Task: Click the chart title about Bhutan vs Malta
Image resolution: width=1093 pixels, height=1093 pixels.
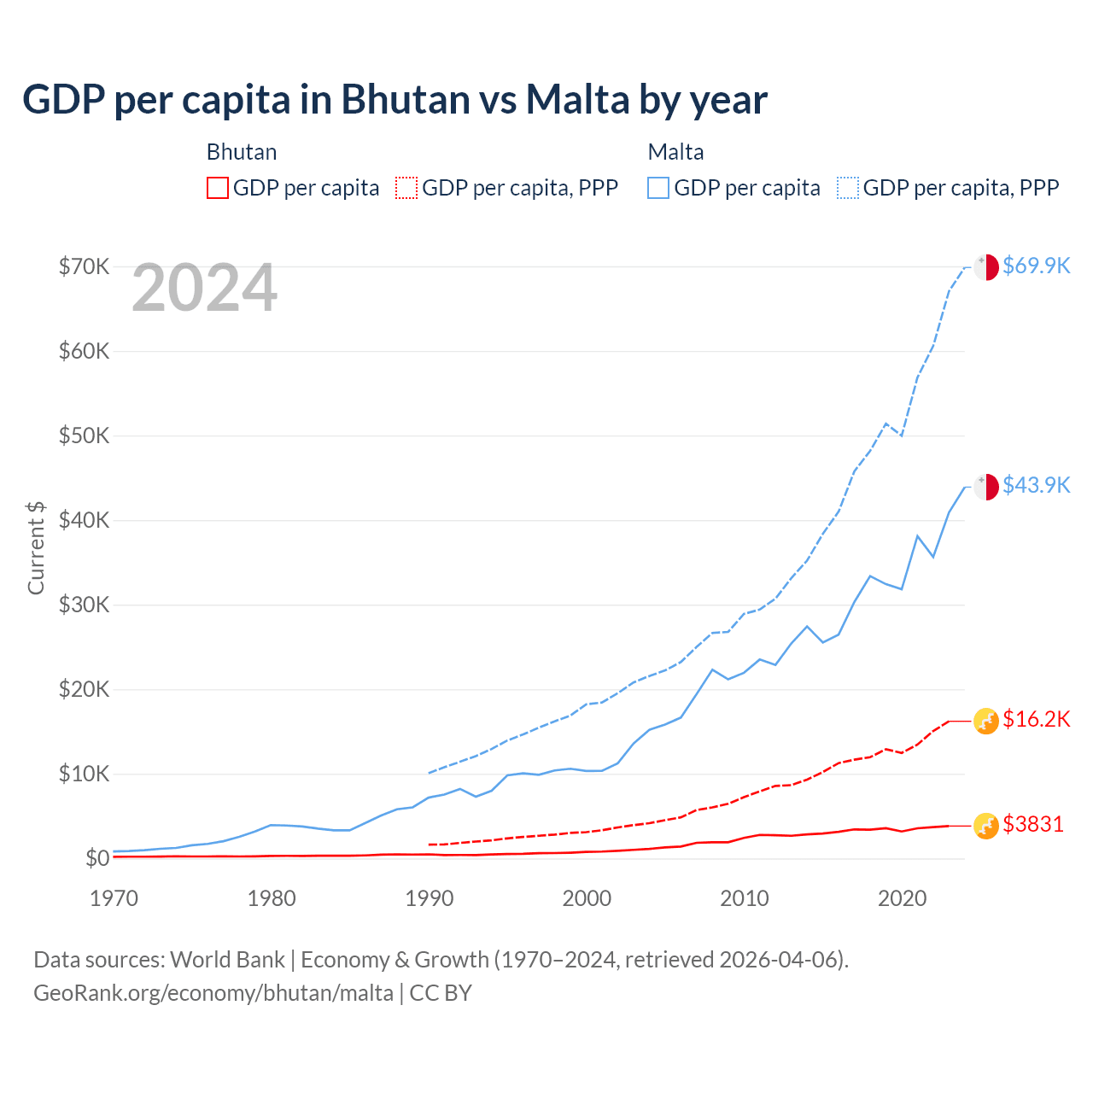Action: point(395,100)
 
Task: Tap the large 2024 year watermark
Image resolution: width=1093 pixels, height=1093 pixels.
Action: point(204,288)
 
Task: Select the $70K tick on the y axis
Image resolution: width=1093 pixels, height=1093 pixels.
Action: point(84,266)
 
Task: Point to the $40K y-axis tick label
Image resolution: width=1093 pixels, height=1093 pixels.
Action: point(84,520)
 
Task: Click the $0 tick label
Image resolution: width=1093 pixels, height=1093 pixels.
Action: point(96,858)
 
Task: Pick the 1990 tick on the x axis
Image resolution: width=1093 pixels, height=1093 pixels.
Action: point(430,898)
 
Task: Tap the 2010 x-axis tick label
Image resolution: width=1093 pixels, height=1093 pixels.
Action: point(745,898)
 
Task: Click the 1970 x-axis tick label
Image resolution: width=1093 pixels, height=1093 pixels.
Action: point(114,898)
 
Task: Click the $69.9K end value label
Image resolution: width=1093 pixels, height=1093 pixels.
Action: point(1036,266)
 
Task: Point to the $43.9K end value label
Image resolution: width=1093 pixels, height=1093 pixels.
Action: point(1036,485)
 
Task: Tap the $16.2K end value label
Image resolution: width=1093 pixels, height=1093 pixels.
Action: point(1036,719)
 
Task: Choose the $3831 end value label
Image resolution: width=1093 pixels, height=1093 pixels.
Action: point(1032,824)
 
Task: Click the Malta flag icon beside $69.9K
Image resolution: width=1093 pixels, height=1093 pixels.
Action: point(986,266)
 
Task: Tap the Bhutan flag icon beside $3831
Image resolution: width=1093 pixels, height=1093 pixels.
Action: point(986,826)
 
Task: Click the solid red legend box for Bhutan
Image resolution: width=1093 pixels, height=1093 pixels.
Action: point(218,188)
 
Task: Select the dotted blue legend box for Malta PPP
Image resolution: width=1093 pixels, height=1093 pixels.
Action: point(848,188)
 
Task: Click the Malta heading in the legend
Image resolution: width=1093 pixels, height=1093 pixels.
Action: point(675,152)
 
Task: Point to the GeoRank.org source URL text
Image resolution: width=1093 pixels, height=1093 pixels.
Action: point(213,993)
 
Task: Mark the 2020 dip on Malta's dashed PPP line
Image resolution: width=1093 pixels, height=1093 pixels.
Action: point(902,435)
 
